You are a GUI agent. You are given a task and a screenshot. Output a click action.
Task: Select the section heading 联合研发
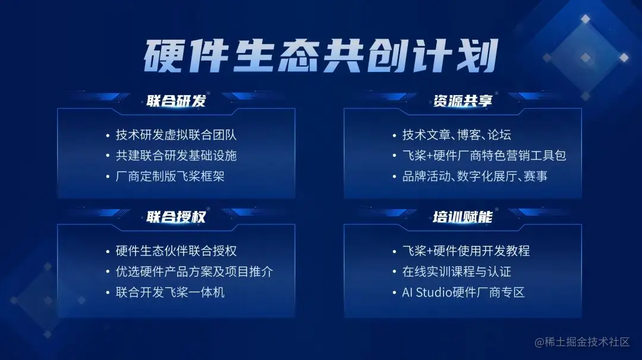176,101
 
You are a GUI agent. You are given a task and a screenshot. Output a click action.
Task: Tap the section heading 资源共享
462,101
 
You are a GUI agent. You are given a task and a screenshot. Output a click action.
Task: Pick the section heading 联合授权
176,217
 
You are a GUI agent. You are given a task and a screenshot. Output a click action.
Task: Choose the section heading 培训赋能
462,217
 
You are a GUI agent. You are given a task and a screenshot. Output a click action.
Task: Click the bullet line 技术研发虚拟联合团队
176,135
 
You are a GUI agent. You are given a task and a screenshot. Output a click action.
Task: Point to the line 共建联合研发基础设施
176,156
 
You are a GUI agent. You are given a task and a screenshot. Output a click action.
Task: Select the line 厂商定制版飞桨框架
170,176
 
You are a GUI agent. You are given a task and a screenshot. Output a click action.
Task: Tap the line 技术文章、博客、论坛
457,135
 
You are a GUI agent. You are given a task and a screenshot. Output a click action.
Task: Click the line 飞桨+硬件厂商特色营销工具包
484,156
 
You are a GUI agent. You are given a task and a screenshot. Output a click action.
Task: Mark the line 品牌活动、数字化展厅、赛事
475,176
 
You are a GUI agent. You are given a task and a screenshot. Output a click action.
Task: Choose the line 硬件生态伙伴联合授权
176,251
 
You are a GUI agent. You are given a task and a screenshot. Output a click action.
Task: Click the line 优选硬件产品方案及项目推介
194,271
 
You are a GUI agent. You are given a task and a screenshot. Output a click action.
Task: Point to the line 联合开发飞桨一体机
170,292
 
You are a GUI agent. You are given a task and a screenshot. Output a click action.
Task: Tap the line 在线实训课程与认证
457,271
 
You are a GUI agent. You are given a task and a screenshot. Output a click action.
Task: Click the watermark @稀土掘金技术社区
581,342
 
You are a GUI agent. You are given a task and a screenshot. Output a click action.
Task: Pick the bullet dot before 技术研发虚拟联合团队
106,135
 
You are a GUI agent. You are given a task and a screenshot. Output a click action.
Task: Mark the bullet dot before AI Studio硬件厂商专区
393,293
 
